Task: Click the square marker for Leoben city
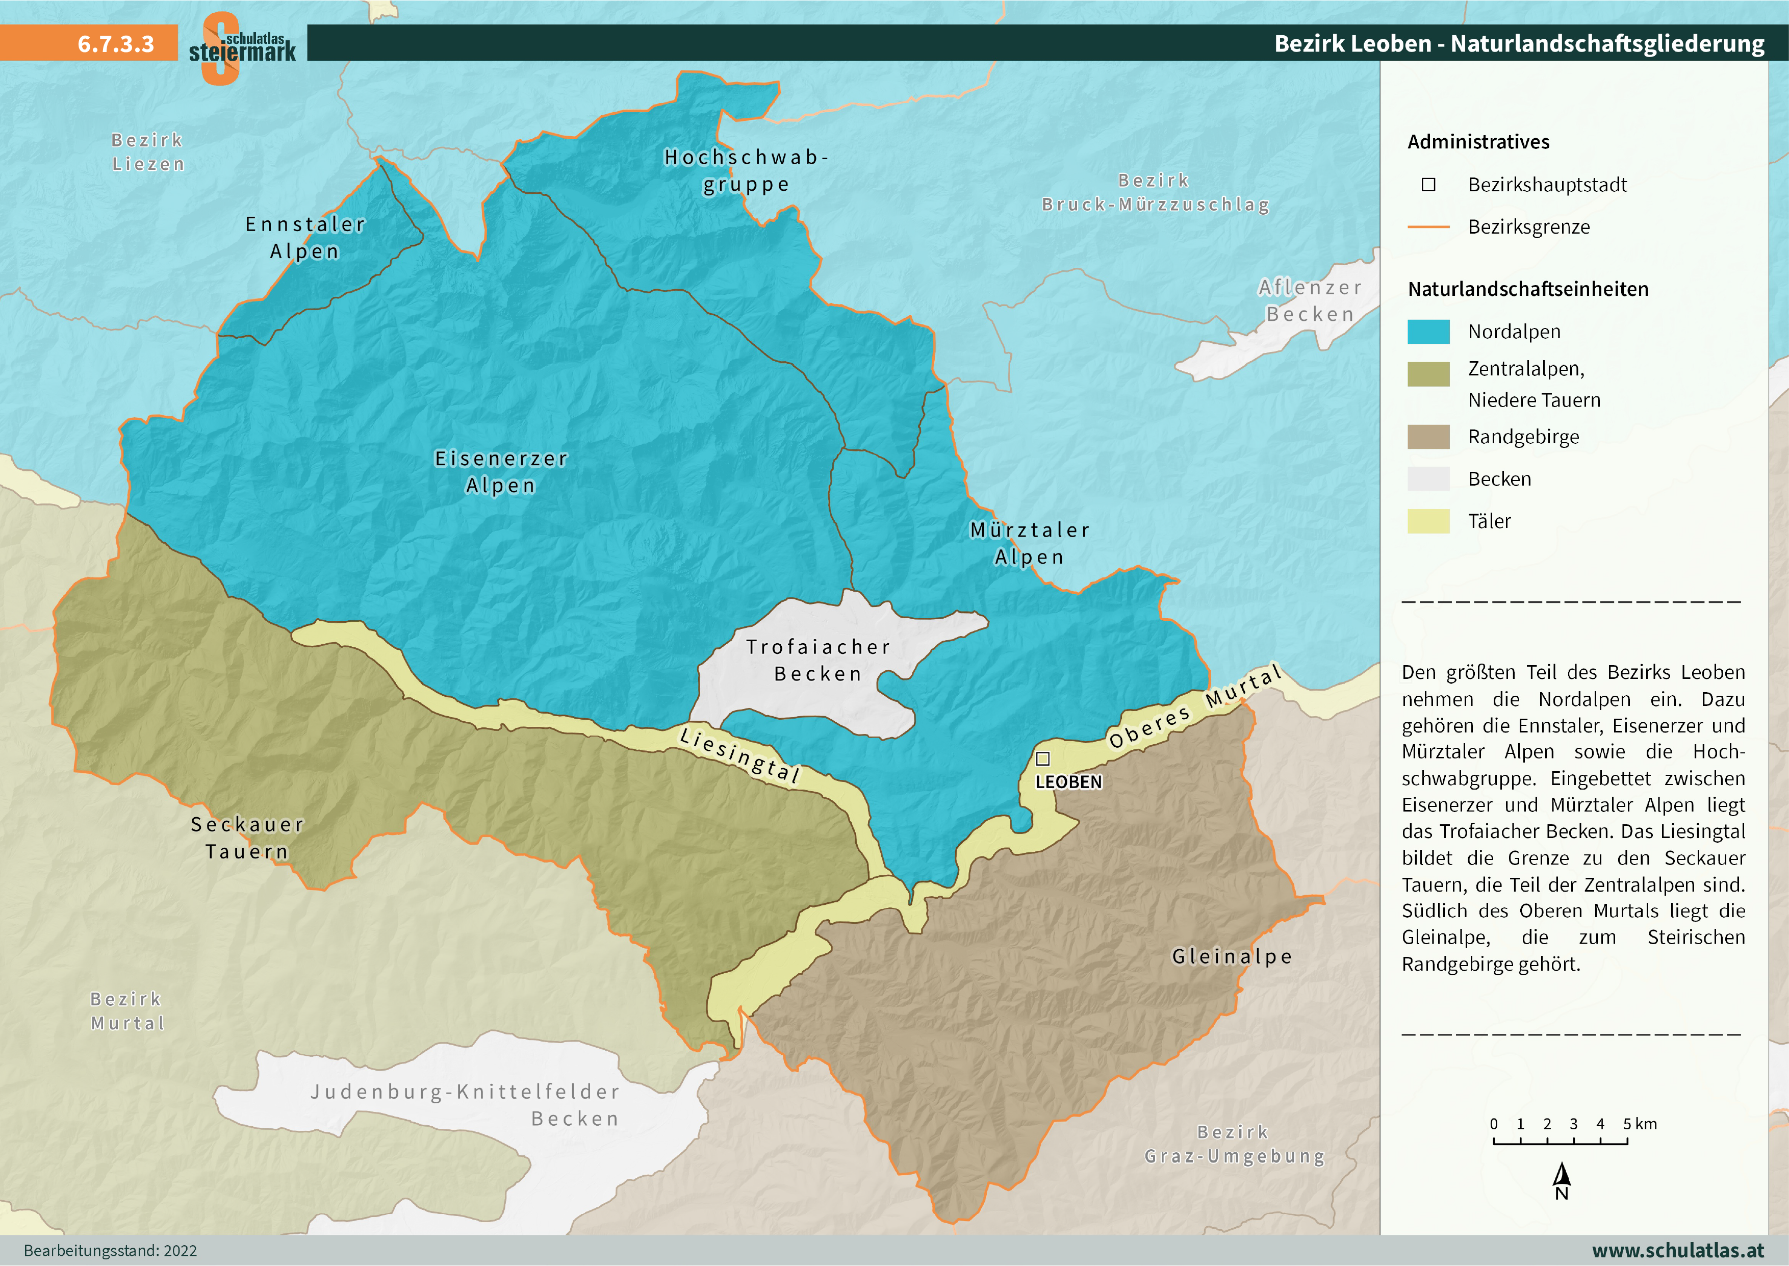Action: point(1042,758)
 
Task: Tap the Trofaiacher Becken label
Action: point(818,660)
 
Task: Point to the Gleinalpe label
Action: point(1232,956)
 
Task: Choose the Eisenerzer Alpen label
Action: point(501,472)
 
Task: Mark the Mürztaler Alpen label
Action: point(1029,543)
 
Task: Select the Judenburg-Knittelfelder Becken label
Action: point(466,1105)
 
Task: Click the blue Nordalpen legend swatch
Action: point(1428,332)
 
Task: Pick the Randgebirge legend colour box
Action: point(1428,437)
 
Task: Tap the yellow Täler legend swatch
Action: point(1428,521)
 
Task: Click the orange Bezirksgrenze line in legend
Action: point(1428,227)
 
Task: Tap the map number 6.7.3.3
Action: point(115,44)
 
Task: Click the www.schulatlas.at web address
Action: point(1678,1250)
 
